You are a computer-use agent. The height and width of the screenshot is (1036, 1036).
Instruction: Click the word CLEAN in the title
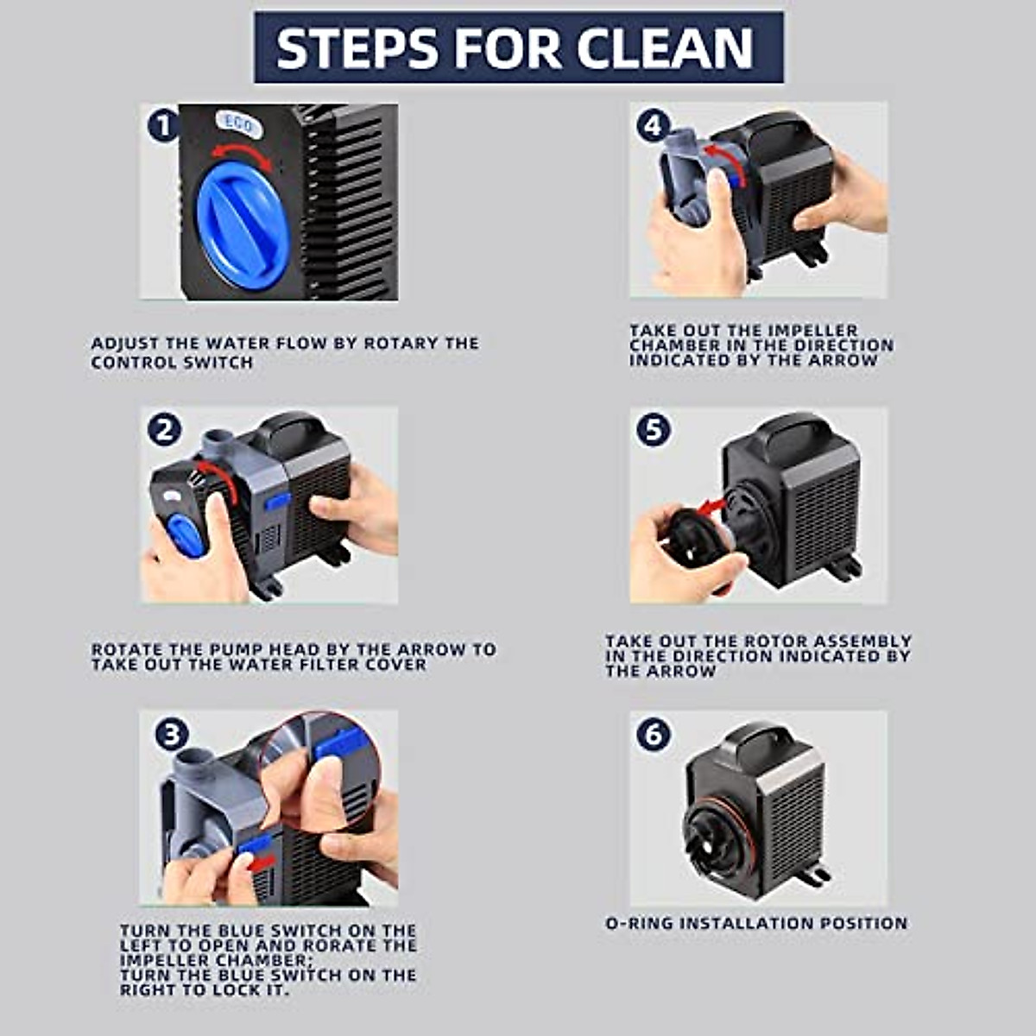point(665,48)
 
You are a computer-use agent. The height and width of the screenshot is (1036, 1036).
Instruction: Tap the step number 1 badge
point(162,127)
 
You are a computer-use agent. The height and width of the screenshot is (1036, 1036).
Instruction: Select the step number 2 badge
point(164,429)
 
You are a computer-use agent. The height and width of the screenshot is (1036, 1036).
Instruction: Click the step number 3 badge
point(171,734)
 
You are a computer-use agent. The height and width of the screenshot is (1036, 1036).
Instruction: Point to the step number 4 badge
point(654,126)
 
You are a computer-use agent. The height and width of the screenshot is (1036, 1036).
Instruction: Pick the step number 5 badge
point(654,429)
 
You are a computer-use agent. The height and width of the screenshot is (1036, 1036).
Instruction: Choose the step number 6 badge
point(654,734)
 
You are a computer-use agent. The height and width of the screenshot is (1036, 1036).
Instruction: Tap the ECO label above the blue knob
point(237,123)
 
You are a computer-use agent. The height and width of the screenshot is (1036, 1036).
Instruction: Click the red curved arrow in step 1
point(243,156)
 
